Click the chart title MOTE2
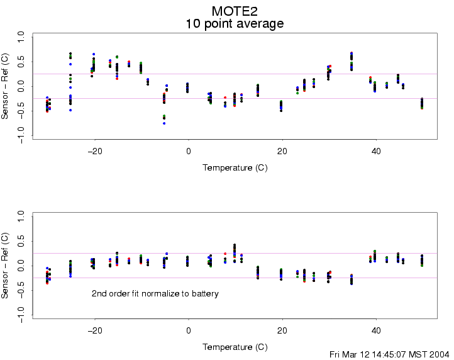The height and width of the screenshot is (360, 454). [235, 11]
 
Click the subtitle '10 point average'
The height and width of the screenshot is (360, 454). [235, 24]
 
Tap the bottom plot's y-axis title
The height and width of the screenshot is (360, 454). [6, 266]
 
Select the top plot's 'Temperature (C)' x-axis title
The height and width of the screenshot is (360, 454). [235, 168]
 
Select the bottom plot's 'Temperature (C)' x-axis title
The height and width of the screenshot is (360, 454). [235, 347]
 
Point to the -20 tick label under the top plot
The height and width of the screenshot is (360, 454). [94, 152]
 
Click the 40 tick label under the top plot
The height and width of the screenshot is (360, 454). [376, 152]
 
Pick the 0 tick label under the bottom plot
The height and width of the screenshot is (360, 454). [188, 330]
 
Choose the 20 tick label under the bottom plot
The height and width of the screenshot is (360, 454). [282, 330]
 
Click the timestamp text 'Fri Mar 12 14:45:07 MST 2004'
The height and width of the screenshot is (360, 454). [389, 354]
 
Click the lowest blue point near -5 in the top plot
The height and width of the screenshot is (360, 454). [164, 123]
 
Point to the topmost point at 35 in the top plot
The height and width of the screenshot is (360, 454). [352, 53]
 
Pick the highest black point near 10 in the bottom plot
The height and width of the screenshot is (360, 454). [235, 245]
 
